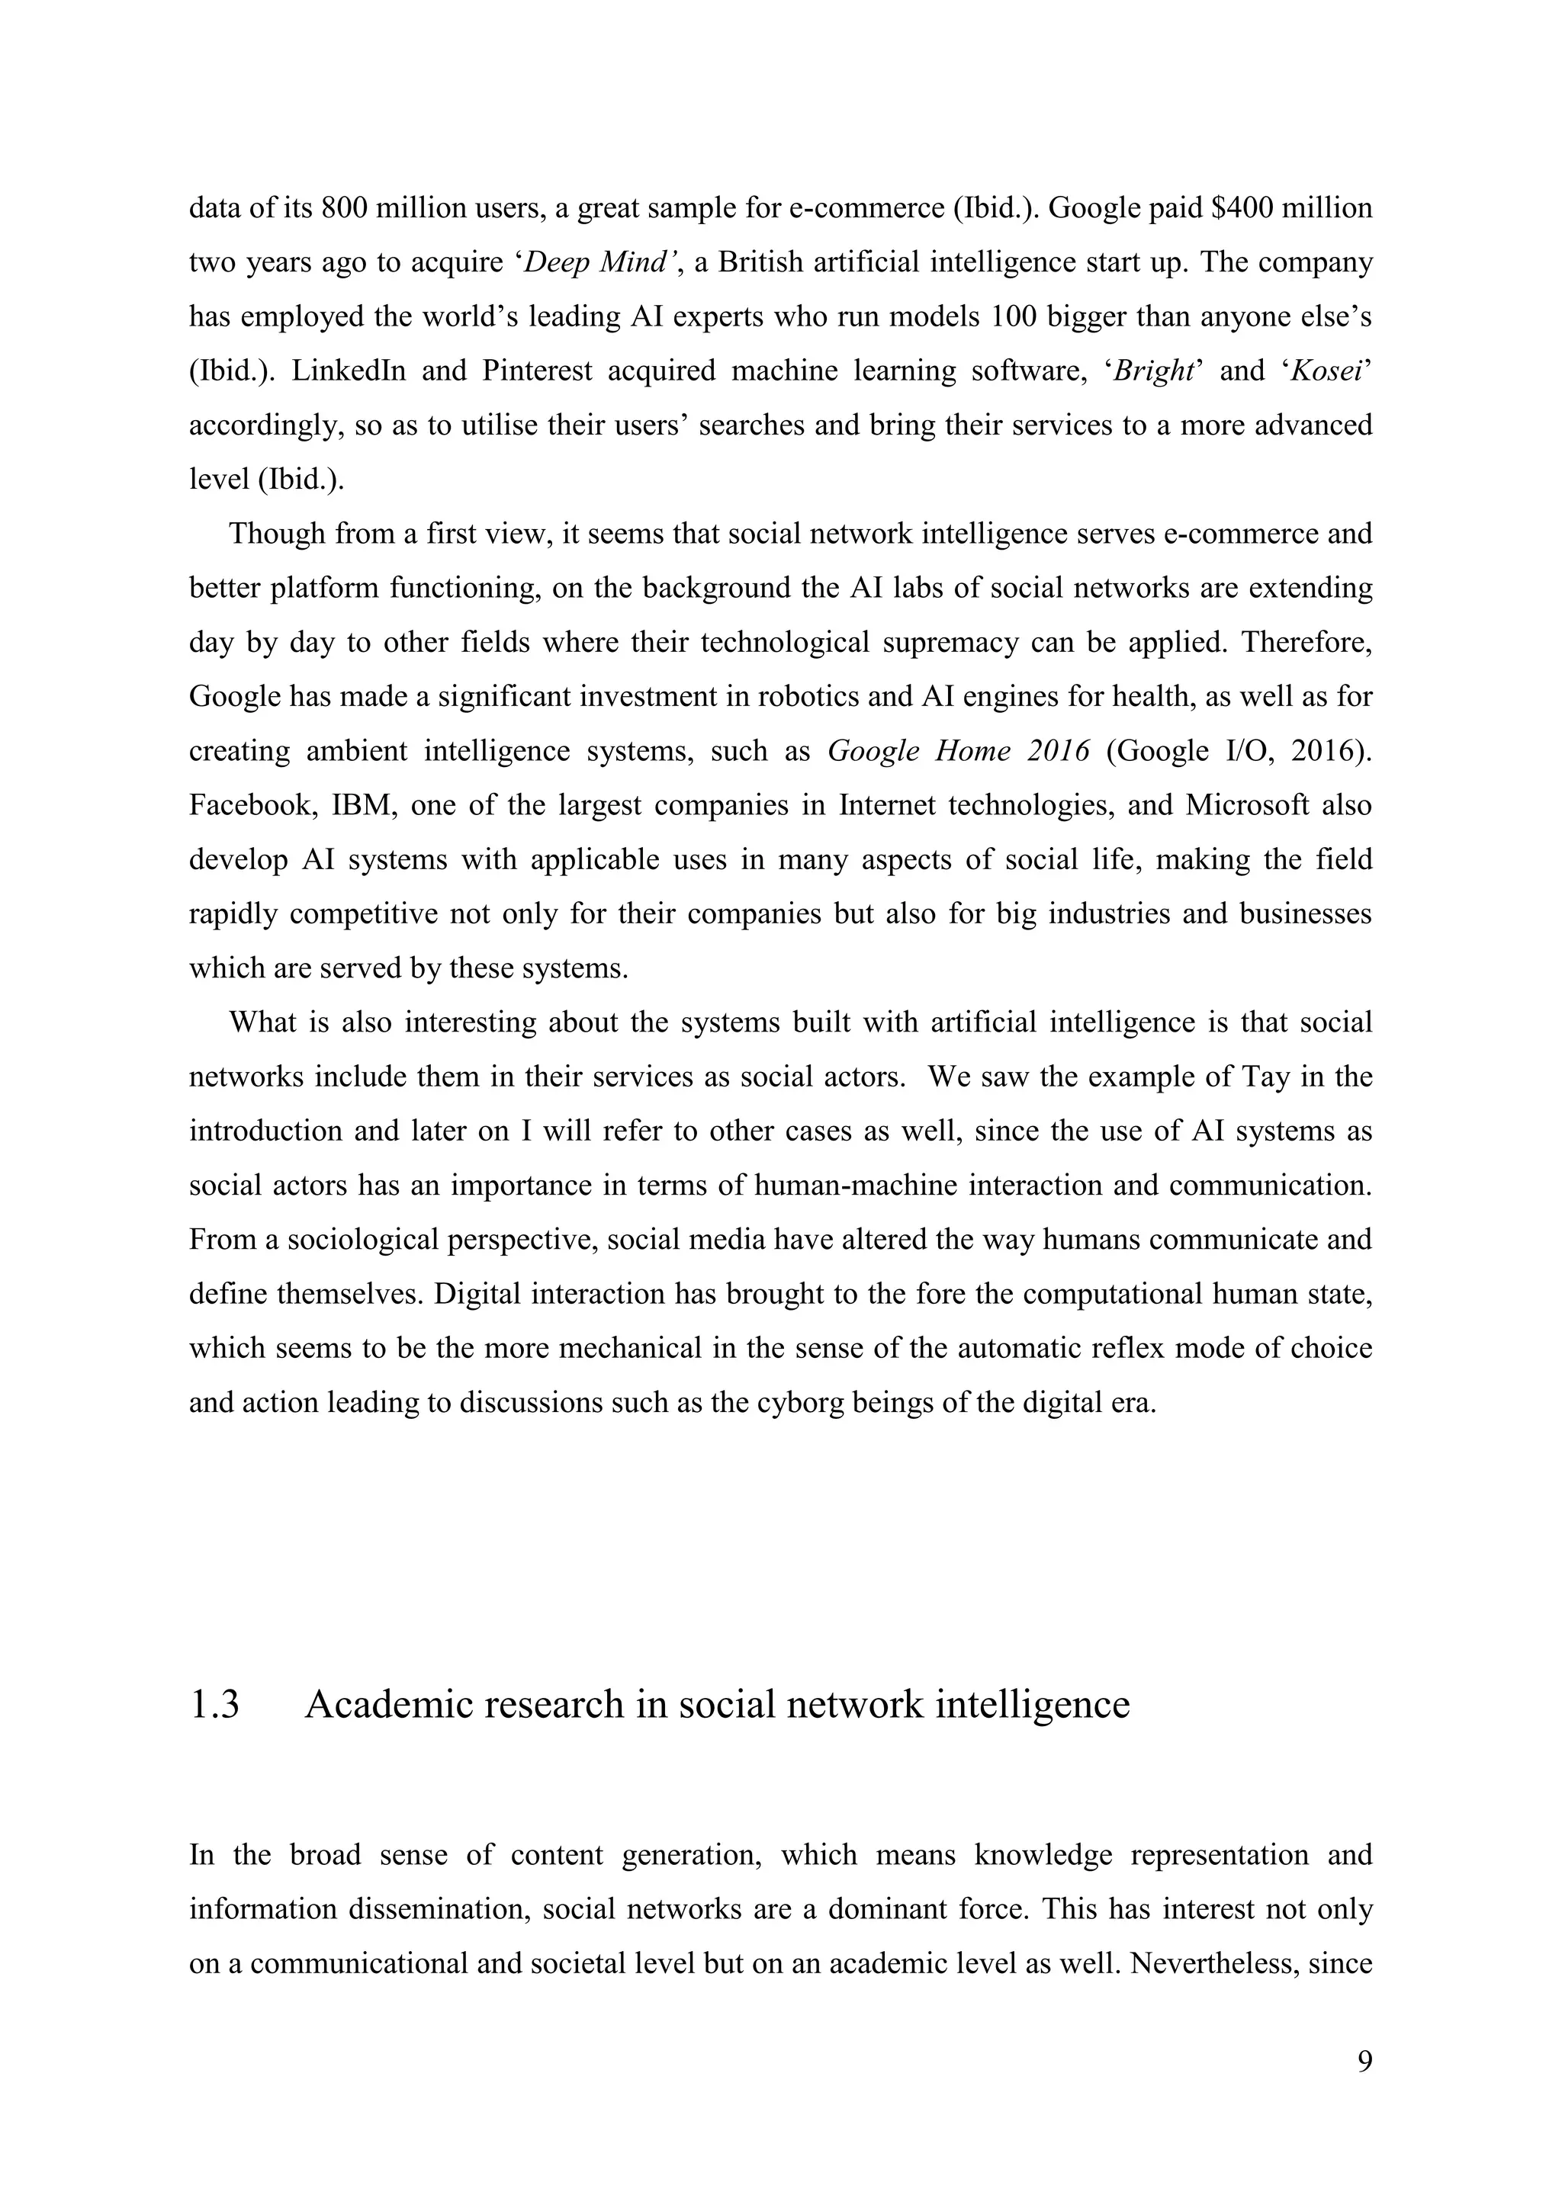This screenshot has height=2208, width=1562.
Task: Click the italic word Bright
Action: coord(1153,371)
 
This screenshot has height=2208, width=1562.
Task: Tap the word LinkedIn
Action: coord(349,371)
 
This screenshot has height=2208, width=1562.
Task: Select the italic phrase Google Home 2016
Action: coord(959,751)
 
